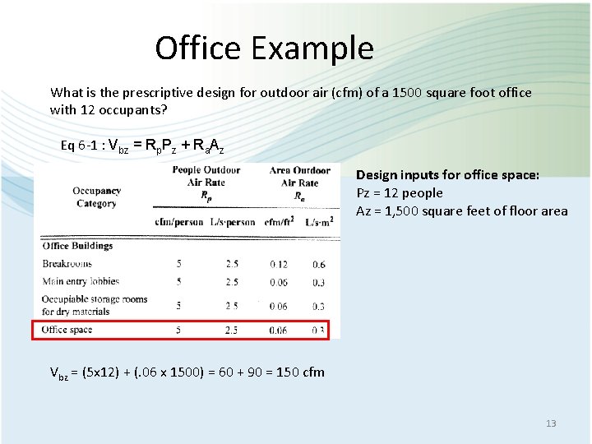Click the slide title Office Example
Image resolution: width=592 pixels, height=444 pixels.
[264, 49]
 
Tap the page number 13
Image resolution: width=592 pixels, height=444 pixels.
[551, 423]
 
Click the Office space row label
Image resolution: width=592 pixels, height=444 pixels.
[67, 330]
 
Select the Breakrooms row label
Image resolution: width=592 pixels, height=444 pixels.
[67, 264]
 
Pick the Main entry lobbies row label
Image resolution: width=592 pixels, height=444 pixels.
[81, 282]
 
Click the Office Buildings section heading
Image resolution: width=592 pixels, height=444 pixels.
[77, 246]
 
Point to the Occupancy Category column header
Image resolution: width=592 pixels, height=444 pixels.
[97, 197]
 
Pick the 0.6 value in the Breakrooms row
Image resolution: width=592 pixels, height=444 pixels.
[318, 264]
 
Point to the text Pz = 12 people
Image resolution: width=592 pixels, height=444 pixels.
[400, 193]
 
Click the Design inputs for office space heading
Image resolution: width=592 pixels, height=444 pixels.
[448, 175]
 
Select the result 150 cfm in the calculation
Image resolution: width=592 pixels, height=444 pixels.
[300, 372]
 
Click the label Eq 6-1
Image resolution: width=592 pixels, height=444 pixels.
[79, 146]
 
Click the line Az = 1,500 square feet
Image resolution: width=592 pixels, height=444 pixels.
[461, 211]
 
